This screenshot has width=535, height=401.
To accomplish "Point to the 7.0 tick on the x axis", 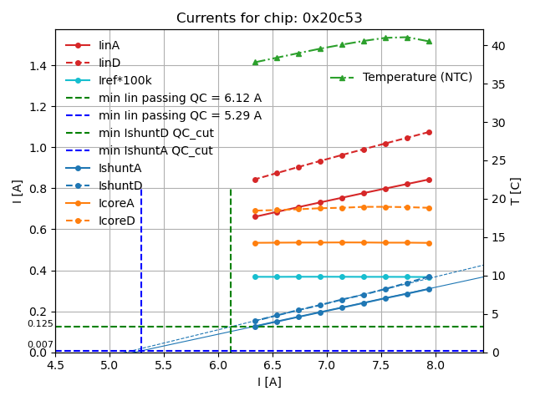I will point(327,365).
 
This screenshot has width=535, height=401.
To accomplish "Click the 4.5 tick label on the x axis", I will point(55,365).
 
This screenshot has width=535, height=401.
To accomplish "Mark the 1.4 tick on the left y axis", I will point(39,66).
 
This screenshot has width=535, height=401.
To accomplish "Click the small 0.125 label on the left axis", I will point(39,324).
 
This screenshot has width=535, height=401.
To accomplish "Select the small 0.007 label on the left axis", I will point(39,344).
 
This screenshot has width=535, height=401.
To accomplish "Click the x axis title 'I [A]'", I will point(268,382).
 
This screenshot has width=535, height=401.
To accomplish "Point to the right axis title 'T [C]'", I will point(516,190).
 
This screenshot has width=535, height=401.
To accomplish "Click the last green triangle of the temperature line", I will point(429,41).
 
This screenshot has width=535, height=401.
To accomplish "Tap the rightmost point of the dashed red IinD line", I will point(429,132).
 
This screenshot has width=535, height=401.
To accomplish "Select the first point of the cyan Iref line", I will point(255,277).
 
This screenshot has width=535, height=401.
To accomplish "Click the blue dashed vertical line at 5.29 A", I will point(141,267).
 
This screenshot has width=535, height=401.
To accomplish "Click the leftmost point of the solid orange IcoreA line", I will point(255,243).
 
